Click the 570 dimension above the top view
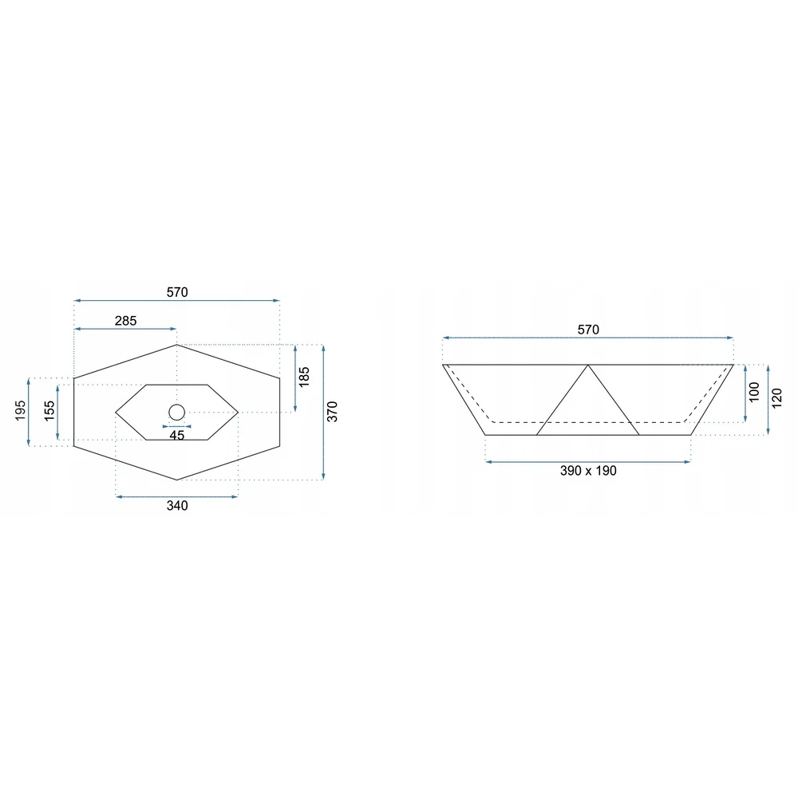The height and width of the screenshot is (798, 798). [x=177, y=292]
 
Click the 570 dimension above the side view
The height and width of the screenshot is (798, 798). [x=588, y=330]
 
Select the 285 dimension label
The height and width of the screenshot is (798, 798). [x=125, y=321]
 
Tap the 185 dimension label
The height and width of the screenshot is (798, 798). [x=304, y=377]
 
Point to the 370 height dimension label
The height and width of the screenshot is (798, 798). [x=332, y=412]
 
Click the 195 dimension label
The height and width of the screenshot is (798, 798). [x=20, y=411]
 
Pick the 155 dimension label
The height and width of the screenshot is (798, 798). [x=49, y=411]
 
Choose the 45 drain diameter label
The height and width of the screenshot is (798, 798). [x=176, y=436]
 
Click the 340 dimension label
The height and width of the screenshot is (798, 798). [x=177, y=505]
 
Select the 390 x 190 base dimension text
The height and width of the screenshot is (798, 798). [x=588, y=471]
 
